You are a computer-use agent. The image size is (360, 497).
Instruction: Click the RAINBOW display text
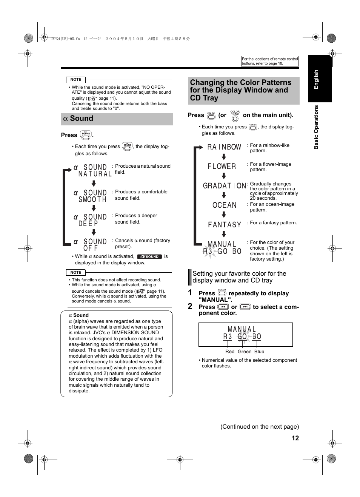[224, 147]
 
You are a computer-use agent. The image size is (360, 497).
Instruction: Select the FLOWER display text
[222, 166]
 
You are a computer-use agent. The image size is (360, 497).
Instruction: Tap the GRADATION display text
[225, 185]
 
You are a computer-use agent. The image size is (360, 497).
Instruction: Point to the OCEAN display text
[225, 205]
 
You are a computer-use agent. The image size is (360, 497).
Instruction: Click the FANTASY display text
[225, 225]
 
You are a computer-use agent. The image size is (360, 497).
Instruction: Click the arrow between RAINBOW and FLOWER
[224, 157]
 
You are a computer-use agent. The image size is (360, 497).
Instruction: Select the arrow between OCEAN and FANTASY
[224, 215]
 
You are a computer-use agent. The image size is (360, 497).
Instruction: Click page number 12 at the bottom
[295, 438]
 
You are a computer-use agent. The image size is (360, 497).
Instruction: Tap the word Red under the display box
[230, 352]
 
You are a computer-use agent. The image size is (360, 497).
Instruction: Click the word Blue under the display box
[259, 352]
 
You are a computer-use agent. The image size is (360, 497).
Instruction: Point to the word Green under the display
[245, 352]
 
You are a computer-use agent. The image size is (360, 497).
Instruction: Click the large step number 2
[190, 306]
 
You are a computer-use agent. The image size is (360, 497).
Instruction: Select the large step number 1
[190, 293]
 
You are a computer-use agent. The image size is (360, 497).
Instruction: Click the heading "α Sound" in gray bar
[78, 119]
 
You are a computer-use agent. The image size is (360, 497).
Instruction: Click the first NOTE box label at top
[76, 80]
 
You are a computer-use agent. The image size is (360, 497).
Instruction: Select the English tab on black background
[316, 79]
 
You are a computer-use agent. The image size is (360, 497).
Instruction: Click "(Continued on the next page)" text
[260, 427]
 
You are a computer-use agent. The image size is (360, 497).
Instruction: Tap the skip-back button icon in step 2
[223, 307]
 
